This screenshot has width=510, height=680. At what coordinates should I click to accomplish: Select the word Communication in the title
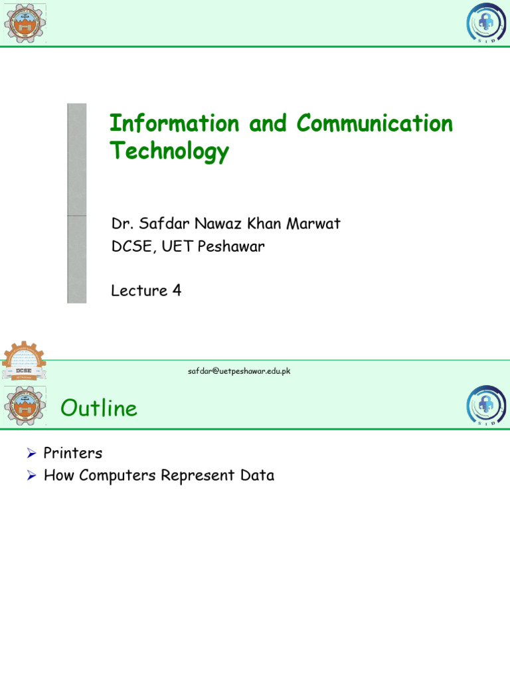(375, 124)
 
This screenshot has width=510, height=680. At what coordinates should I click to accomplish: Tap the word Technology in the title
(169, 152)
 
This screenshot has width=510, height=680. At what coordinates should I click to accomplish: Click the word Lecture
(138, 290)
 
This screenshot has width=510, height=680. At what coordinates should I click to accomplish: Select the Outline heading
(99, 408)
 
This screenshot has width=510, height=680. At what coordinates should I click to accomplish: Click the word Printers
(73, 454)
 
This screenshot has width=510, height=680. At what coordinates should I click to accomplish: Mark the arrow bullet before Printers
(31, 454)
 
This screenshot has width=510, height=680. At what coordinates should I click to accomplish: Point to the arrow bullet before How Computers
(31, 475)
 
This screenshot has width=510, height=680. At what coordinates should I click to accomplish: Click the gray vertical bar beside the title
(77, 203)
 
